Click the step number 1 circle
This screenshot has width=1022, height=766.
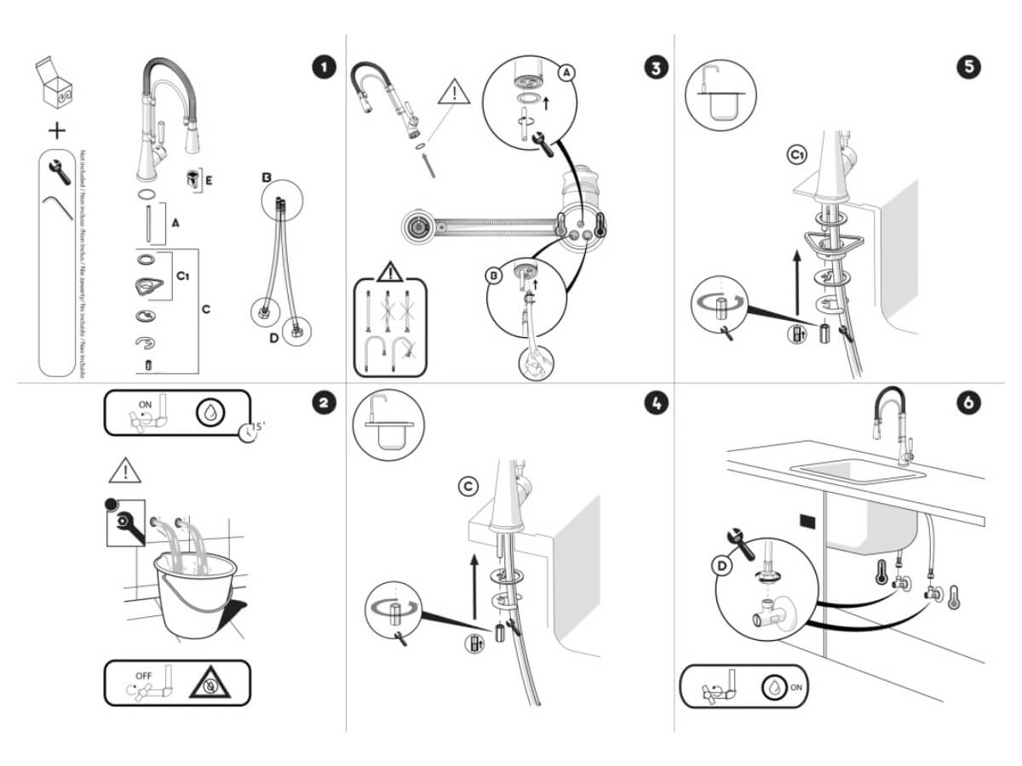(323, 67)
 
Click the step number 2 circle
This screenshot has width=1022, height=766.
(323, 403)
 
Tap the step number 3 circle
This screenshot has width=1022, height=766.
(653, 67)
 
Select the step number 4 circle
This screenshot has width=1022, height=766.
(653, 403)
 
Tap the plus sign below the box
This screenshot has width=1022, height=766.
(56, 130)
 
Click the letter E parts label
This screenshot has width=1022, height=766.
(209, 180)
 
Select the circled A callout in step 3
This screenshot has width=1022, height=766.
(566, 74)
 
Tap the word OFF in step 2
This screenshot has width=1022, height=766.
(142, 676)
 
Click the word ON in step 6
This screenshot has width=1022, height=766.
(796, 688)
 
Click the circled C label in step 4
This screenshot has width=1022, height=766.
(468, 486)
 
